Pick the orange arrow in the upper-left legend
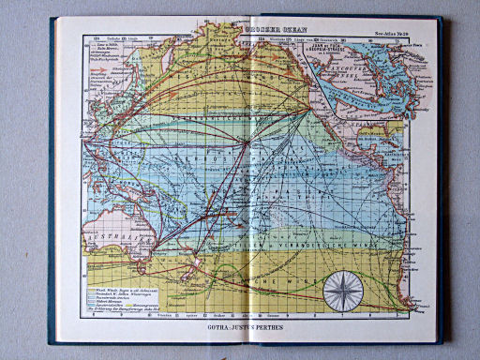pyautogui.click(x=88, y=58)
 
